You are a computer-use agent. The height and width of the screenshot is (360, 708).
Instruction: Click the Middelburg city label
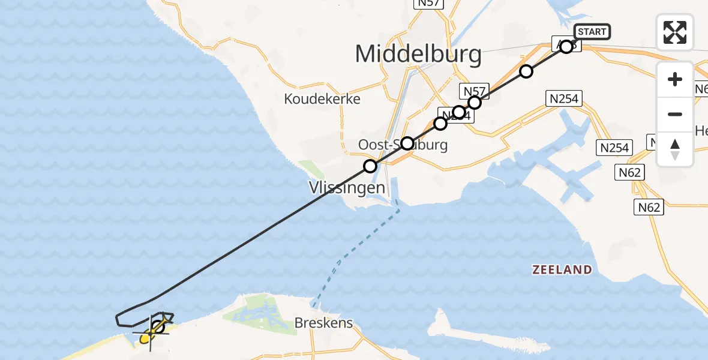(x=418, y=55)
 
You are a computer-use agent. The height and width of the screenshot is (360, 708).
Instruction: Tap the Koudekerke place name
(x=323, y=99)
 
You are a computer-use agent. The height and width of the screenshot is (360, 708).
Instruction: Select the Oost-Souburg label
(x=403, y=145)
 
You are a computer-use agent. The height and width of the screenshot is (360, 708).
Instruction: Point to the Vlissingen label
(x=346, y=188)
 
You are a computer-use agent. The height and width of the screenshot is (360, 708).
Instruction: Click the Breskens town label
(x=323, y=323)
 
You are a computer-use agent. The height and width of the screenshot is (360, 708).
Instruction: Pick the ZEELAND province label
(x=562, y=270)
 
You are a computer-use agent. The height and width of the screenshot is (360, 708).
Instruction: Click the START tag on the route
(x=592, y=31)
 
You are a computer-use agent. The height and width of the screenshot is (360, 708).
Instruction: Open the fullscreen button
(x=675, y=32)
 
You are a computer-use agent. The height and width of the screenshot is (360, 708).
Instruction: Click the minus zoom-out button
(x=675, y=114)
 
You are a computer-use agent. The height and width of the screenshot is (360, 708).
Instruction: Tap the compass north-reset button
(x=675, y=149)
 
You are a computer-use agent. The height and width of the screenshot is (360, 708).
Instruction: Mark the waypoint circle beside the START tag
(x=566, y=46)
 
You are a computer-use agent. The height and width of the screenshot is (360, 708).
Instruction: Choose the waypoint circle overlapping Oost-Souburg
(x=407, y=143)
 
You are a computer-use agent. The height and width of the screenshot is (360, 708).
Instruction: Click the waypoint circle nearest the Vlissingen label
(x=370, y=166)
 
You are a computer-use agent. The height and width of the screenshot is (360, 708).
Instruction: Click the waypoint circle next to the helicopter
(x=158, y=327)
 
